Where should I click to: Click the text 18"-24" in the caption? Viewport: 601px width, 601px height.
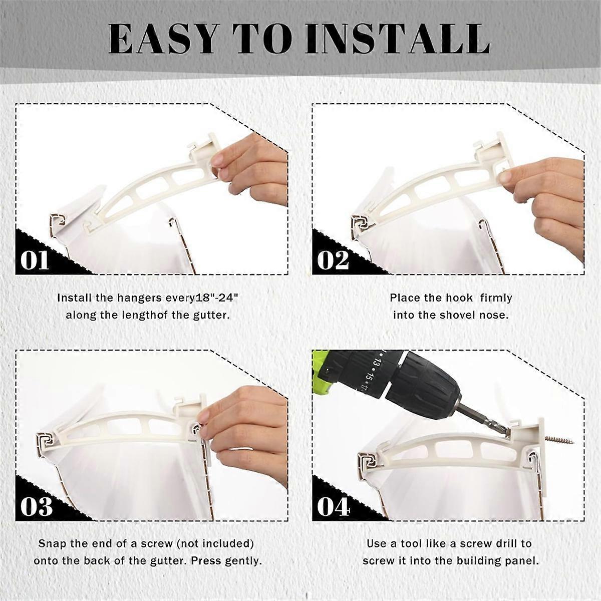pos(216,297)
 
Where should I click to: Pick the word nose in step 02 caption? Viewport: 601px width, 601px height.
pos(496,316)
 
